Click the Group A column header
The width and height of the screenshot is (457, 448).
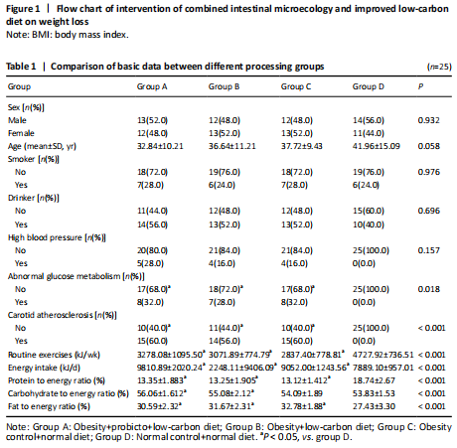tap(152, 86)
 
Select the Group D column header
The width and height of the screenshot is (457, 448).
tap(369, 86)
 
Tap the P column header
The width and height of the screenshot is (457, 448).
tap(420, 86)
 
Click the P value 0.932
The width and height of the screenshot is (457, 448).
tap(429, 120)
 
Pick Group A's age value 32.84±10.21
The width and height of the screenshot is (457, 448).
tap(160, 146)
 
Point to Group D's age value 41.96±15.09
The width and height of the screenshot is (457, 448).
tap(377, 146)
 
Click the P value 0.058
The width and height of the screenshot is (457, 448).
tap(429, 146)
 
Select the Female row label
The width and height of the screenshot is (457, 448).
tap(21, 133)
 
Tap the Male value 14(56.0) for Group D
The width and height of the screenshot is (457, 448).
tap(369, 120)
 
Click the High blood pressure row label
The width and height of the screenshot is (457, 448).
tap(57, 237)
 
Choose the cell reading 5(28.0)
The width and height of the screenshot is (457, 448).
tap(150, 263)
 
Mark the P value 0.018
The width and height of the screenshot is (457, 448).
tap(429, 289)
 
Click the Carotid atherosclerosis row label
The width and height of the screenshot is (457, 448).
tap(63, 315)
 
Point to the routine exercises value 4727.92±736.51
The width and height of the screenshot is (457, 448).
tap(382, 355)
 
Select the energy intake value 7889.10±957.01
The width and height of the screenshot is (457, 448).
tap(382, 368)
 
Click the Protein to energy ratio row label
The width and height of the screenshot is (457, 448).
tap(57, 380)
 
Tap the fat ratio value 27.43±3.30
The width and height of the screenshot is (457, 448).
tap(374, 406)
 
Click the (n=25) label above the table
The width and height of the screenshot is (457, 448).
tap(439, 67)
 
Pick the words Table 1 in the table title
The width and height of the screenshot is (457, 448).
tap(21, 67)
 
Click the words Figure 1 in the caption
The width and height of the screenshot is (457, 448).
tap(23, 9)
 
